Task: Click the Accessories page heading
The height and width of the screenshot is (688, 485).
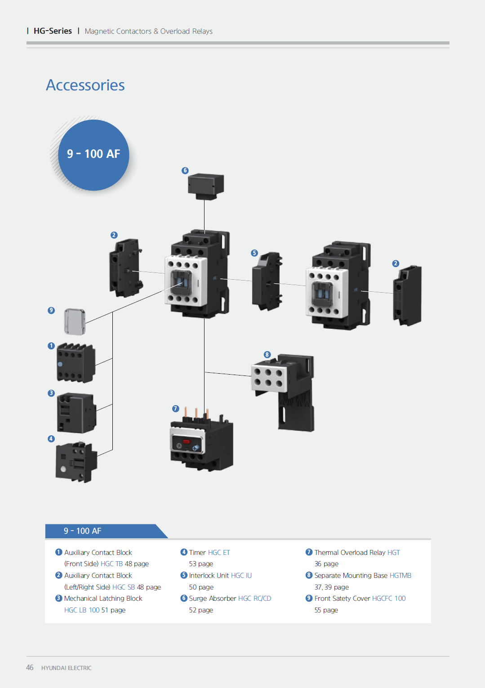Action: [85, 85]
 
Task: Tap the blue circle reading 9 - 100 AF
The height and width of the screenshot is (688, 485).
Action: [93, 154]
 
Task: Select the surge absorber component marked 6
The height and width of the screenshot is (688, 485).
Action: [206, 185]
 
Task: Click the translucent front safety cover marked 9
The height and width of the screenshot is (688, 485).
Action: [75, 322]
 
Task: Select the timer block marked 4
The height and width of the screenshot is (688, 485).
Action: [76, 462]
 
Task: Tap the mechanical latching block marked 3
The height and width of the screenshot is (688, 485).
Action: [76, 413]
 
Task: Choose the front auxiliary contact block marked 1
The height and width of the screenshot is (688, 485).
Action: [76, 363]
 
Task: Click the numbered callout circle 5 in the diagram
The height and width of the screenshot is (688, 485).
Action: [254, 253]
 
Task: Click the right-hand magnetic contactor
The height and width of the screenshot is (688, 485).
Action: [340, 286]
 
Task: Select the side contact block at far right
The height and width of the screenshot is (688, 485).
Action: [407, 295]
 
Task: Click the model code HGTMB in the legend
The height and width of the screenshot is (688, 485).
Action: [400, 576]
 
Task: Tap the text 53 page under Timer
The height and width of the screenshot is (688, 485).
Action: [201, 564]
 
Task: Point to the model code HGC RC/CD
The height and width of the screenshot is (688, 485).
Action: [254, 599]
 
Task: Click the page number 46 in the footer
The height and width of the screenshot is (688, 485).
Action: [30, 668]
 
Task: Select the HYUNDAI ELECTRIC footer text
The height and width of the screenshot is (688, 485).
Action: [66, 668]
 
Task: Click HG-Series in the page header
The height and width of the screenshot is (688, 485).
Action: [53, 31]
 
